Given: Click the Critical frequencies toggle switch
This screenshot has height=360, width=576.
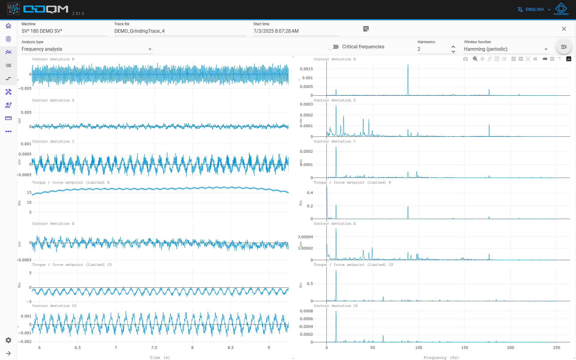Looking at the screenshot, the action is [x=333, y=47].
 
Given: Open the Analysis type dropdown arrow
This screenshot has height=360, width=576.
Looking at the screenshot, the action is [x=150, y=49].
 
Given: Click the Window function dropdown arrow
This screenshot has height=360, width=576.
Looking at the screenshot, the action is [x=546, y=49].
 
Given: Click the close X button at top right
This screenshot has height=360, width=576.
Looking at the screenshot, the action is [x=564, y=29].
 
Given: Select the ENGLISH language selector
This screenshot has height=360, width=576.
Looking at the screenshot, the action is [x=534, y=10].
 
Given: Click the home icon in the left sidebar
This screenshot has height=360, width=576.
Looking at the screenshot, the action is [x=8, y=26].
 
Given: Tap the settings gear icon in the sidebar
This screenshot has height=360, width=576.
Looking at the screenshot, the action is [x=8, y=340].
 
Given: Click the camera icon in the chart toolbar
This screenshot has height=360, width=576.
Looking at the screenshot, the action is [x=466, y=59].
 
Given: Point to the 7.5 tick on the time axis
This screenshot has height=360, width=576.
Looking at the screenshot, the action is [x=154, y=348].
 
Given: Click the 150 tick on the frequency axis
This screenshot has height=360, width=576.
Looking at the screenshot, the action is [x=465, y=348].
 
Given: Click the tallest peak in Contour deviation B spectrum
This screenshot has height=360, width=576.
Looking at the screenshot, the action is [x=408, y=64].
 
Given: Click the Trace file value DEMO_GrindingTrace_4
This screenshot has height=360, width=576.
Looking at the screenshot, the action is [x=139, y=31].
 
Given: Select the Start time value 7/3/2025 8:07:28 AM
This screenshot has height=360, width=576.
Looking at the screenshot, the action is [x=276, y=31].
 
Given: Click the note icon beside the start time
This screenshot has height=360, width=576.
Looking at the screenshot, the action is [x=366, y=29].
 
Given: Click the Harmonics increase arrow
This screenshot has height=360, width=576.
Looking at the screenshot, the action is [x=453, y=47].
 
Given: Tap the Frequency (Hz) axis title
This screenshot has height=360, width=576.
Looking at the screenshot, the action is [x=441, y=358].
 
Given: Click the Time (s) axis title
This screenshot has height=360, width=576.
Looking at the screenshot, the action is [x=160, y=358].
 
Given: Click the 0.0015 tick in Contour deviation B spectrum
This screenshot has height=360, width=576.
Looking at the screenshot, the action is [x=306, y=69].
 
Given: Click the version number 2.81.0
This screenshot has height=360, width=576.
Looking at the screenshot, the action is [x=78, y=13].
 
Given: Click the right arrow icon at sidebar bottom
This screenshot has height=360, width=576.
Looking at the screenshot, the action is [x=8, y=353].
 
